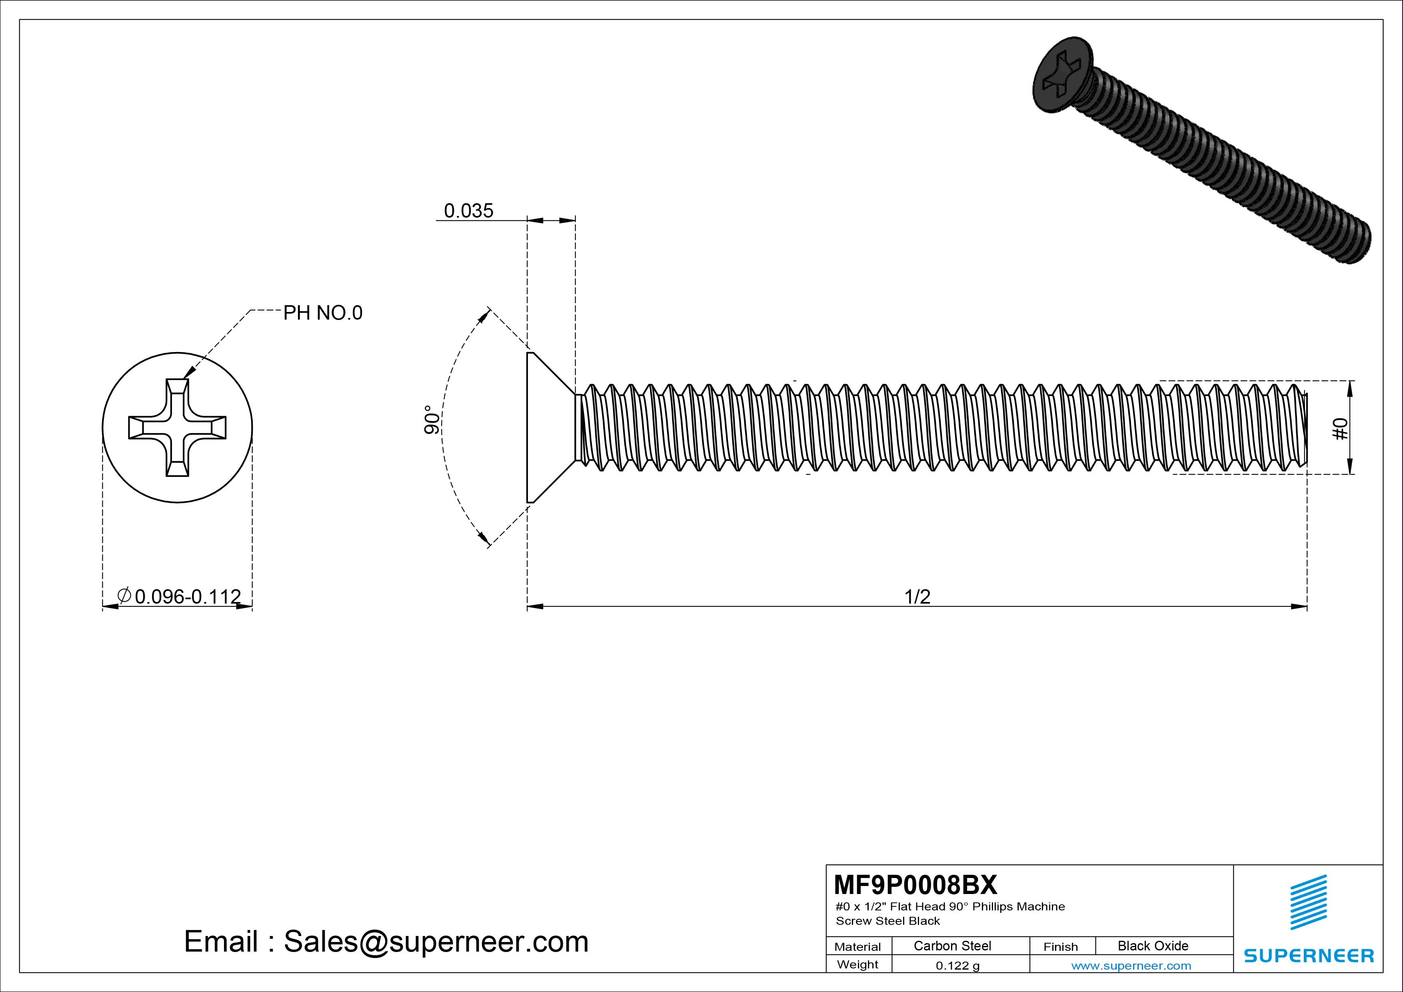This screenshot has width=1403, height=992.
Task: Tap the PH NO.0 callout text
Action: (323, 313)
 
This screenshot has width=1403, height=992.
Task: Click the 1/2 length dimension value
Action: (917, 596)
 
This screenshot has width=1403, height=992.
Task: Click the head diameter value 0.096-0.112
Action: (187, 596)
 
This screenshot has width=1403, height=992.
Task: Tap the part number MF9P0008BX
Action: (915, 884)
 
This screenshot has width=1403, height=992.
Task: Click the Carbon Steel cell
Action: (952, 946)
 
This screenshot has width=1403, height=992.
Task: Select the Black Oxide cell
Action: (1153, 946)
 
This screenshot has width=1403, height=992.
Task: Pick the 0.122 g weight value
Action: (957, 966)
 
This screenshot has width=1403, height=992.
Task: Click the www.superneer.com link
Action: (1131, 966)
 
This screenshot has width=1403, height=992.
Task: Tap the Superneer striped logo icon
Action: (1308, 902)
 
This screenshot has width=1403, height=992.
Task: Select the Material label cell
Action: (857, 946)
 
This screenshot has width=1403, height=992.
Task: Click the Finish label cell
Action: (1060, 946)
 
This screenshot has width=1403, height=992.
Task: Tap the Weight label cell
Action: (857, 964)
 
